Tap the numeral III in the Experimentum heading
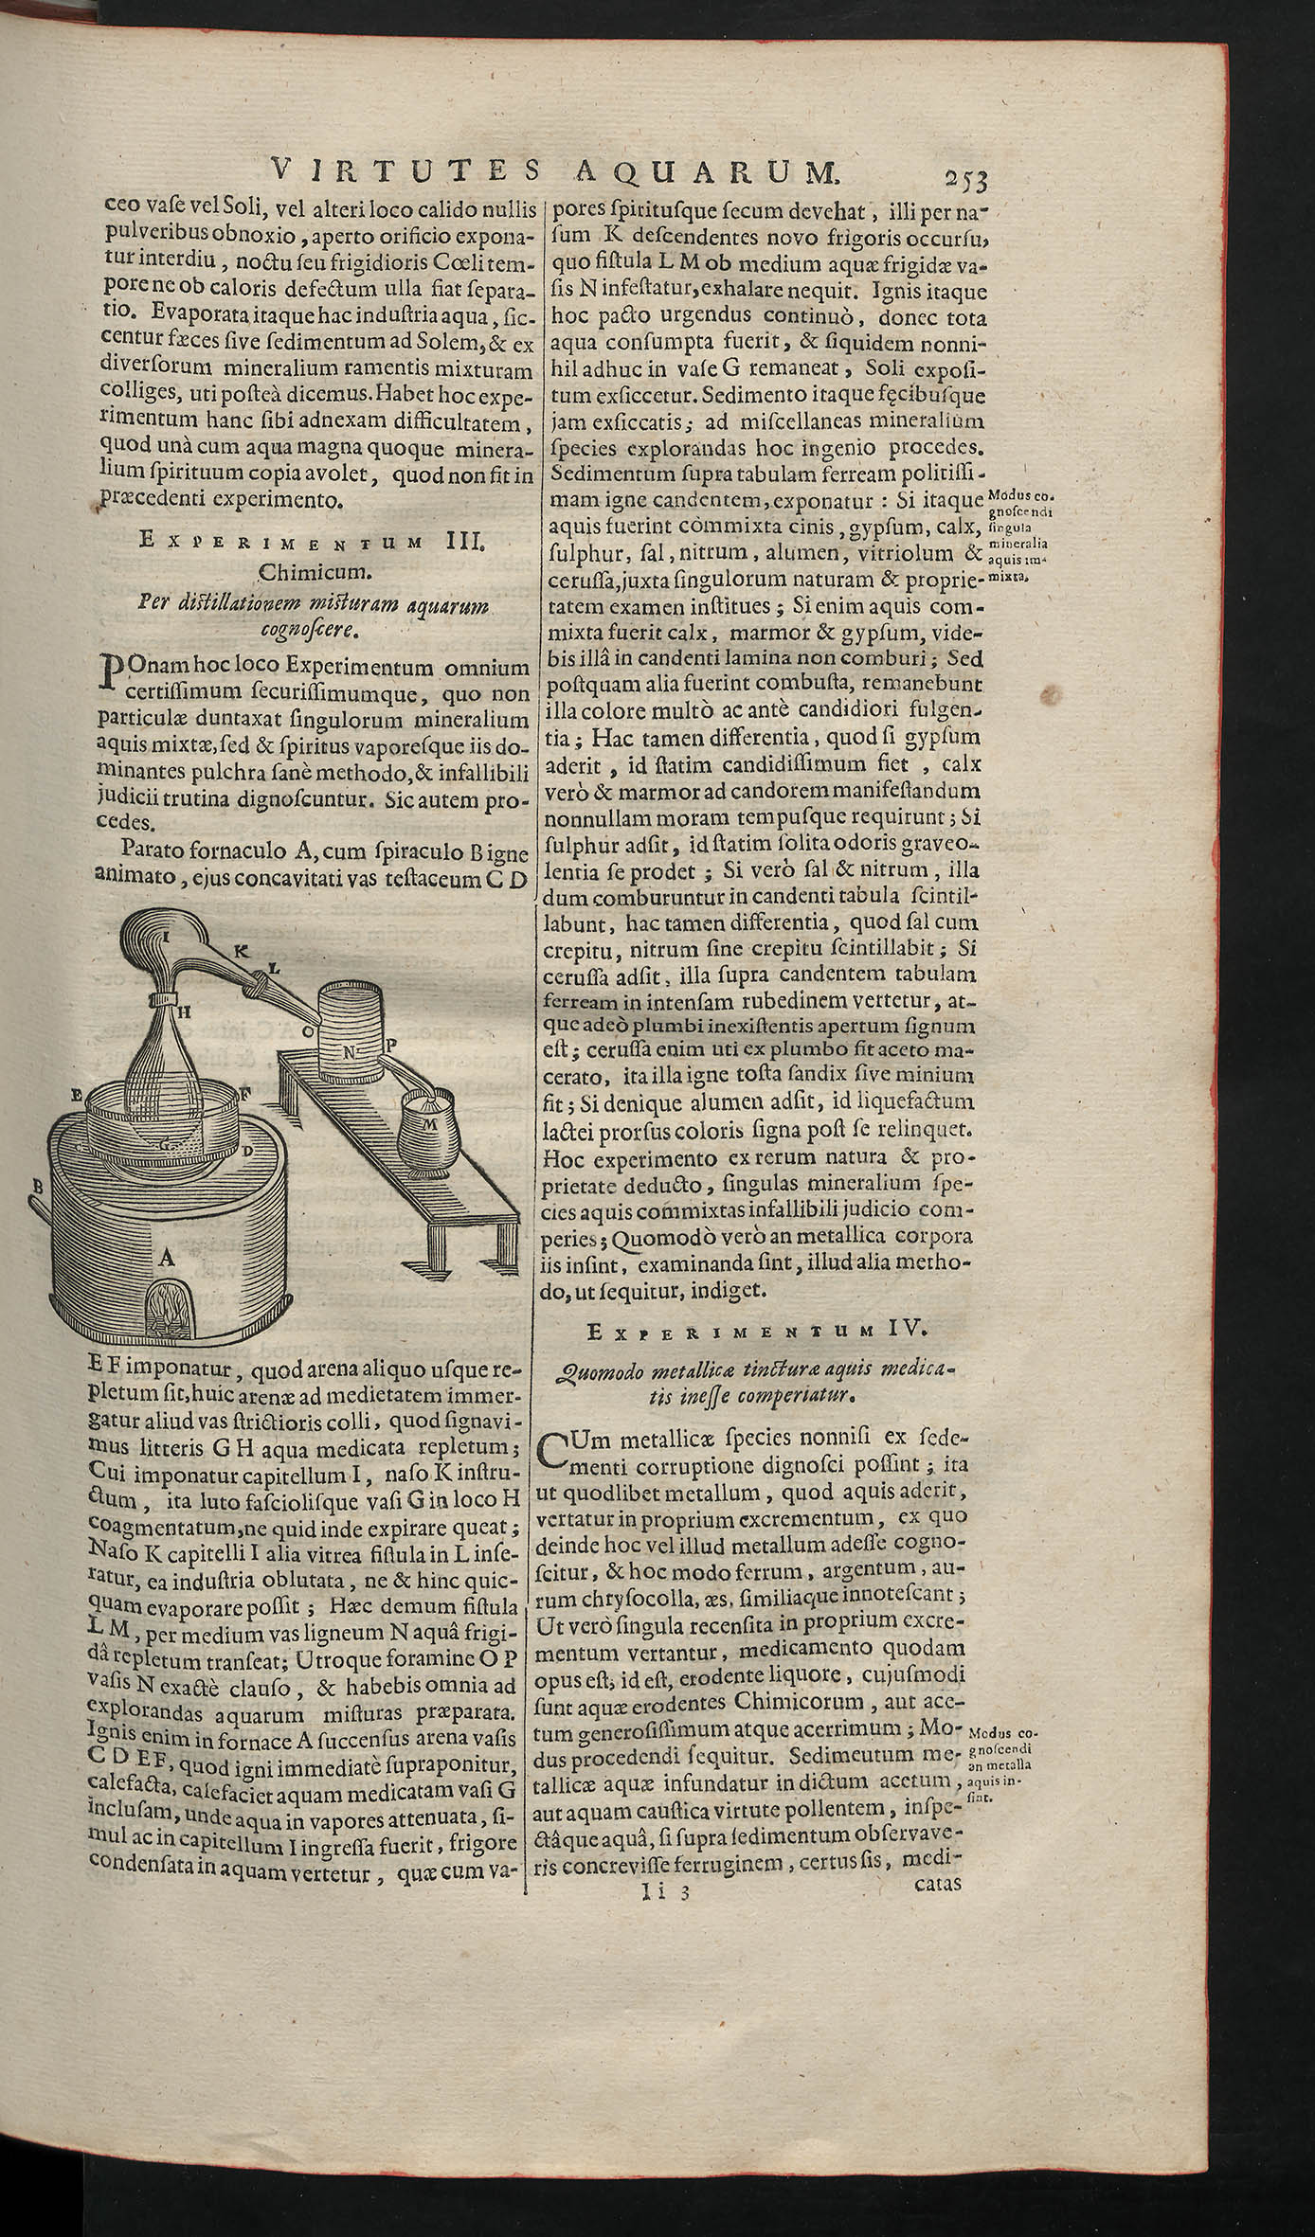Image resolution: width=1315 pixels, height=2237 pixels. point(463,542)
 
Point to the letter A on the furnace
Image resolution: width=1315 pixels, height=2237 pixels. point(168,1258)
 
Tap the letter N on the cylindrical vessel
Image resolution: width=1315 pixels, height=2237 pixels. point(349,1051)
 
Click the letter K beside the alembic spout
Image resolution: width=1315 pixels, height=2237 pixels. point(240,950)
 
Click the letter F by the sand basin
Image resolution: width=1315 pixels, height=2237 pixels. point(244,1092)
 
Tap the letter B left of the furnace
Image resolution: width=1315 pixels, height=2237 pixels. point(39,1185)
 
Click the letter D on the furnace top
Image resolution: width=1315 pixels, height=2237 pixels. point(246,1151)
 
